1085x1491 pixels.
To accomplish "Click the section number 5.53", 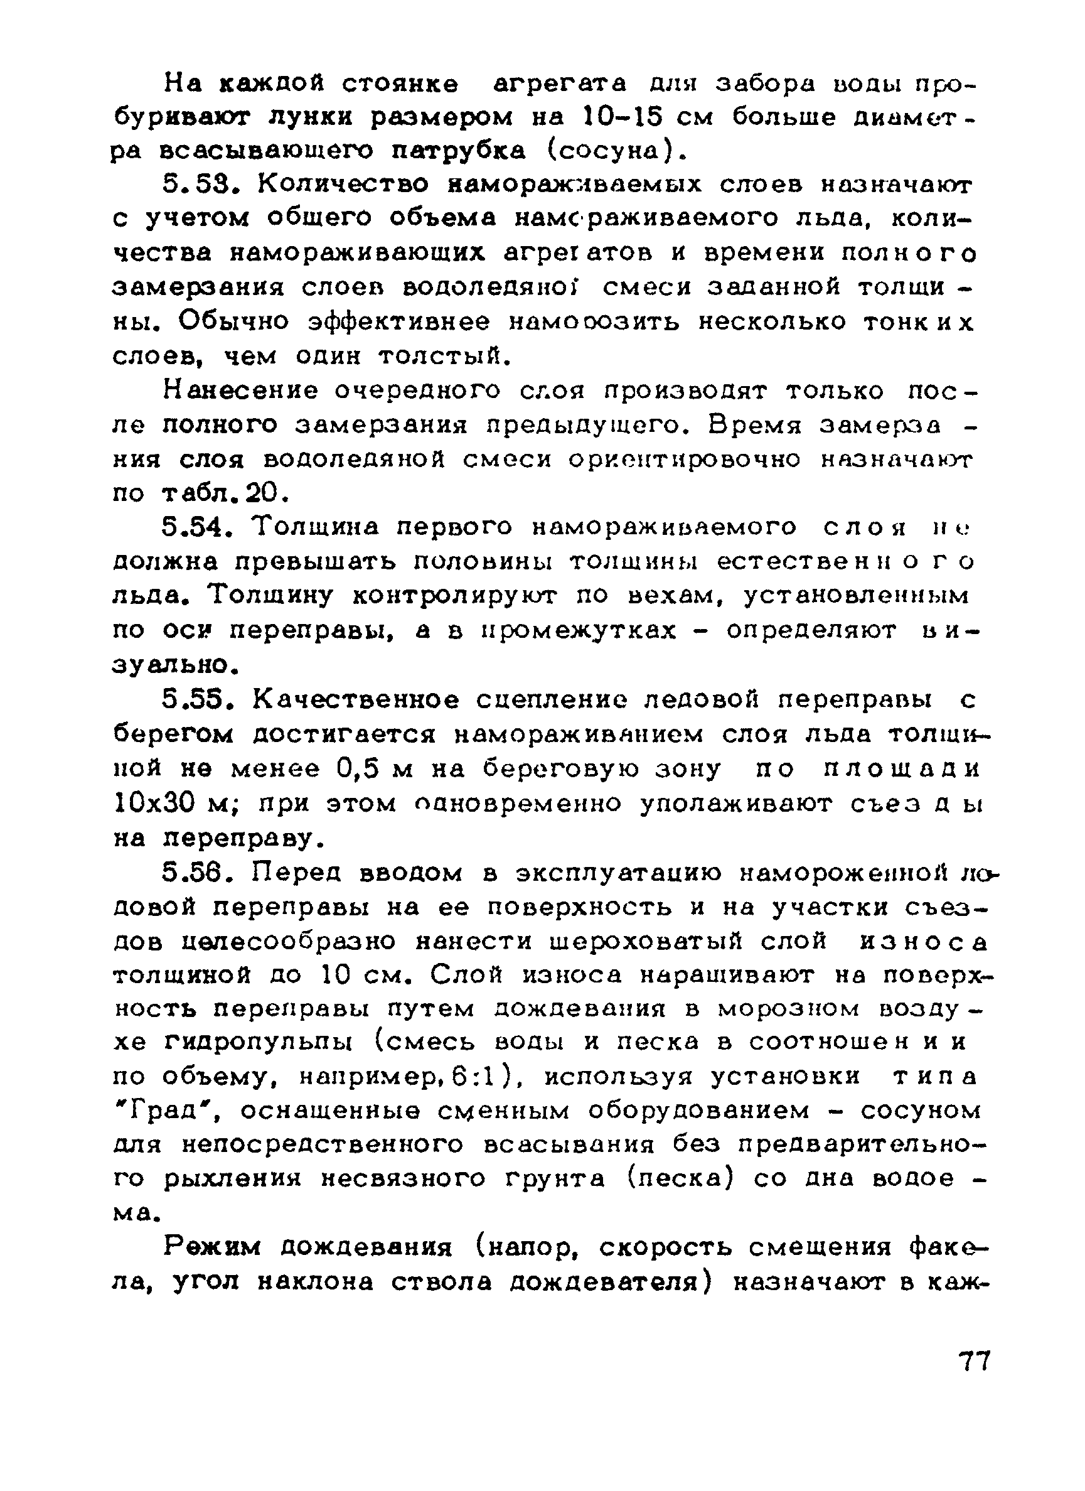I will (200, 185).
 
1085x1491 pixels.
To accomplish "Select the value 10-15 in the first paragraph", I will (621, 117).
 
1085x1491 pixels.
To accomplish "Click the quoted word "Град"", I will (168, 1111).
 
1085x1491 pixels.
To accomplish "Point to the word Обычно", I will (233, 322).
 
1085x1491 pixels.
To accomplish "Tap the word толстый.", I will (445, 357).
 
